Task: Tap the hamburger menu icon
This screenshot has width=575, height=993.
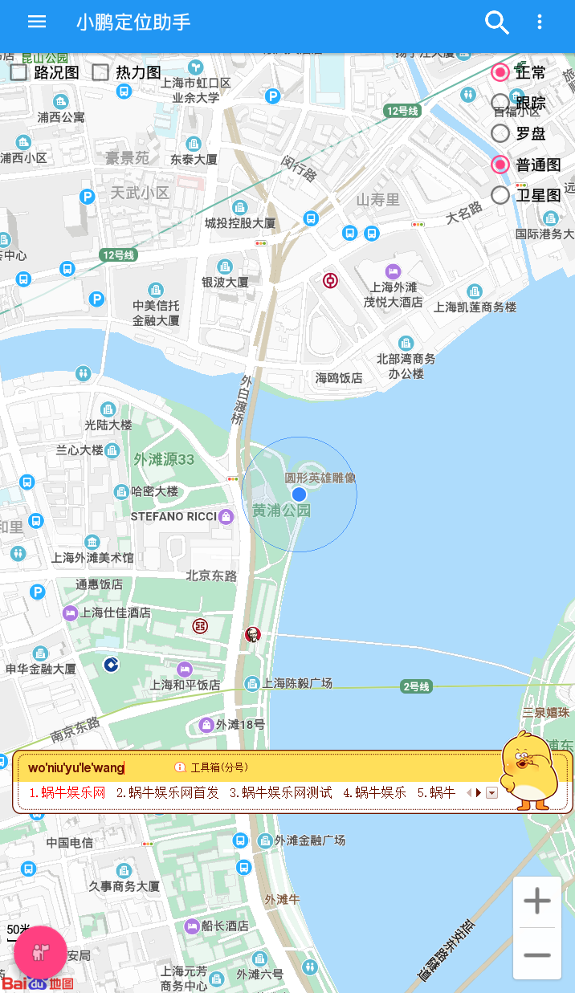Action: pyautogui.click(x=37, y=22)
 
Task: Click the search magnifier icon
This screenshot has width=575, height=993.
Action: pyautogui.click(x=497, y=22)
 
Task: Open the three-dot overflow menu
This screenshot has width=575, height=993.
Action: pyautogui.click(x=540, y=22)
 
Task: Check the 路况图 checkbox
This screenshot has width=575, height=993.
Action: pyautogui.click(x=19, y=72)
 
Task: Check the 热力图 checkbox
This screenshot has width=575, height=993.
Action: pyautogui.click(x=100, y=72)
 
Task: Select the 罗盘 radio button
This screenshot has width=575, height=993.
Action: pyautogui.click(x=500, y=133)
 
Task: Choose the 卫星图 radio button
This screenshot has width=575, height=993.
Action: pyautogui.click(x=500, y=195)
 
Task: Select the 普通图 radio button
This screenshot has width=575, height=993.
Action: pyautogui.click(x=500, y=165)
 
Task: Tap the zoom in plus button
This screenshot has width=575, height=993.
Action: pyautogui.click(x=537, y=901)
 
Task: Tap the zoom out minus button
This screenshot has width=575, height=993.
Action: pyautogui.click(x=537, y=954)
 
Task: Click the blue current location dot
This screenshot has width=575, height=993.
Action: pyautogui.click(x=299, y=494)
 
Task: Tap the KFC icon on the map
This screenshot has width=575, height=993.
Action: pyautogui.click(x=253, y=635)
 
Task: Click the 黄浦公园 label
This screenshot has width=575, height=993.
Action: pyautogui.click(x=281, y=511)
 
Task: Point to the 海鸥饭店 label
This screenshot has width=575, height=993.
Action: pyautogui.click(x=339, y=377)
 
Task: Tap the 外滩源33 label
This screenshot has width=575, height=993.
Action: pyautogui.click(x=164, y=460)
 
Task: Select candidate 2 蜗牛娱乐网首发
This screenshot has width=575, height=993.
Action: pyautogui.click(x=167, y=793)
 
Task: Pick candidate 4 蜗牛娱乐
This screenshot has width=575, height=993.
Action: pyautogui.click(x=374, y=793)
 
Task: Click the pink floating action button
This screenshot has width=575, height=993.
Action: pyautogui.click(x=40, y=952)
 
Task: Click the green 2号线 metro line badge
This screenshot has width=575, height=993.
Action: pyautogui.click(x=417, y=686)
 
